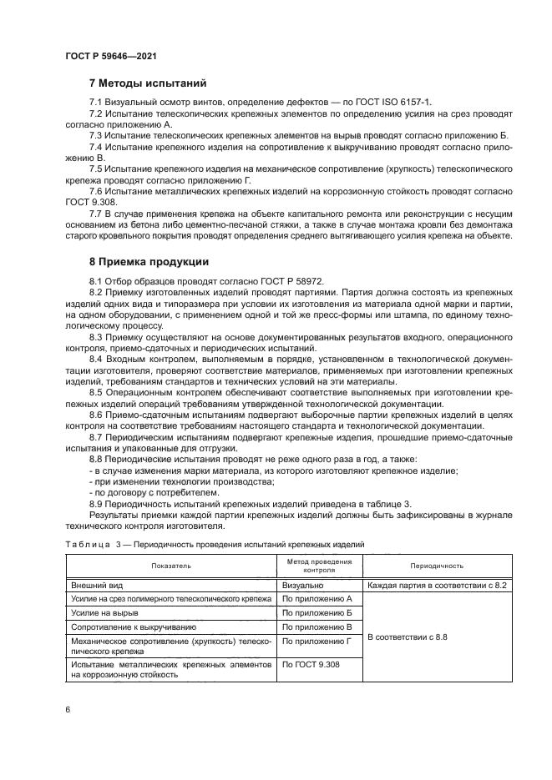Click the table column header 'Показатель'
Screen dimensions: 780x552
point(171,566)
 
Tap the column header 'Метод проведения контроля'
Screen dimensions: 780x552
point(319,566)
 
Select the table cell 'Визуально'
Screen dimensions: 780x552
point(302,586)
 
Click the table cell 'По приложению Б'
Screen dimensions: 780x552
point(317,613)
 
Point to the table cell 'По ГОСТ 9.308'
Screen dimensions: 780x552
point(310,664)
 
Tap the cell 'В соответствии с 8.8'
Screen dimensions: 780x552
point(408,637)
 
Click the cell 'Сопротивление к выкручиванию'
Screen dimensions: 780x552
point(134,627)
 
